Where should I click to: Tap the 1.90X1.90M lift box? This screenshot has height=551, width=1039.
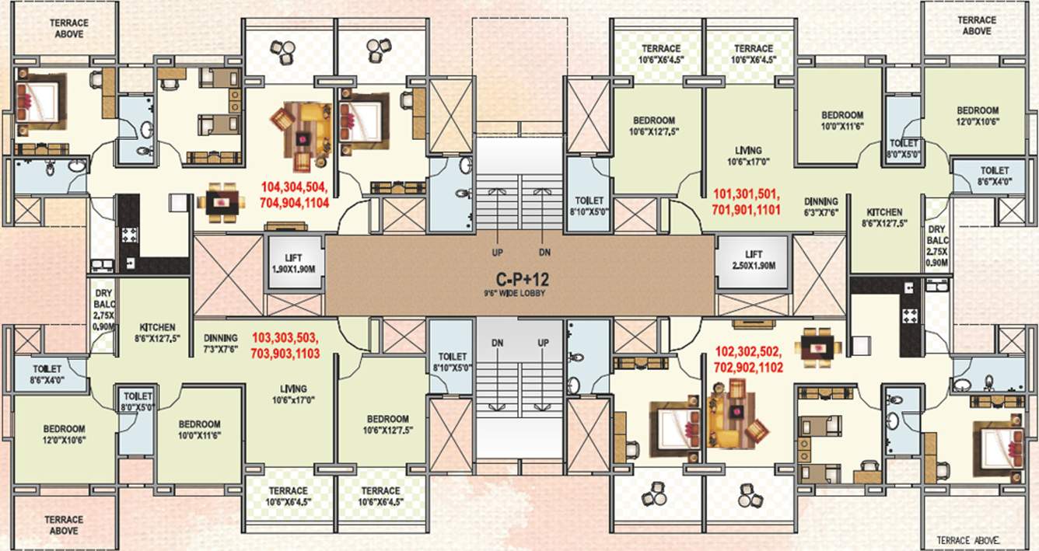[294, 262]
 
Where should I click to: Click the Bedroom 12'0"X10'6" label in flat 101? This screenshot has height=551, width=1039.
[978, 115]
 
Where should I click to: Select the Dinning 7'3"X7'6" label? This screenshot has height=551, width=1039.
[221, 344]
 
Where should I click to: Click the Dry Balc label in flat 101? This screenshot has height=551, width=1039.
[936, 246]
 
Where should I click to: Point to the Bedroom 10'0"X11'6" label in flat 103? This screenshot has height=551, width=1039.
[200, 430]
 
